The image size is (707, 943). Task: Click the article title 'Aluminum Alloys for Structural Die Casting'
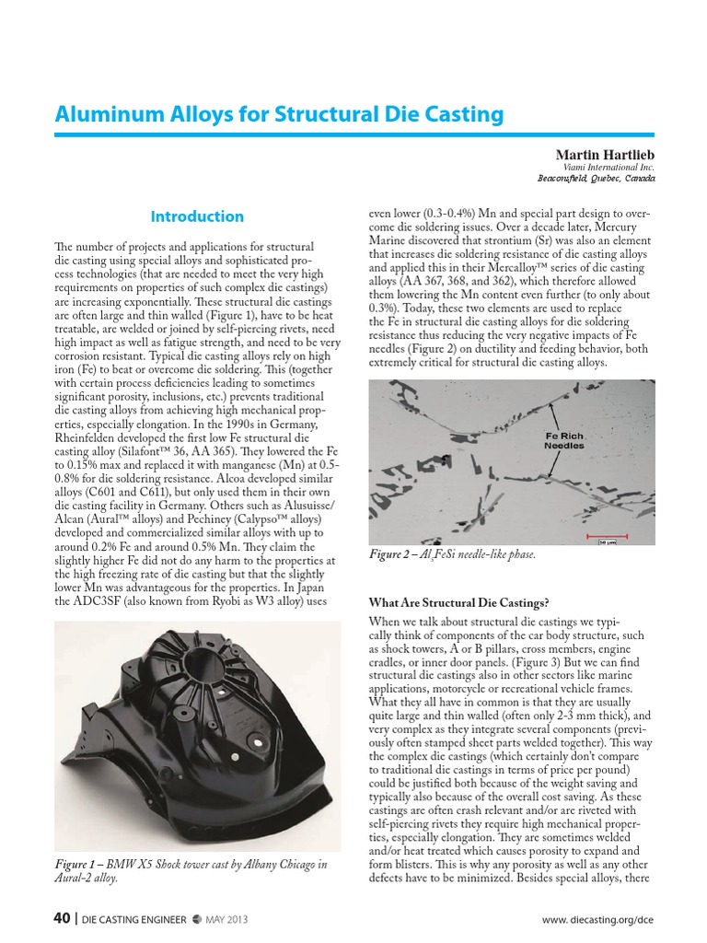pyautogui.click(x=279, y=114)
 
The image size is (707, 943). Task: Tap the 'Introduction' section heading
pyautogui.click(x=197, y=216)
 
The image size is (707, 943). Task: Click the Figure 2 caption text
pyautogui.click(x=451, y=554)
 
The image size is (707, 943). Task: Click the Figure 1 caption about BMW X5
pyautogui.click(x=179, y=871)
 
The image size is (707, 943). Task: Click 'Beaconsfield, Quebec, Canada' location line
pyautogui.click(x=595, y=179)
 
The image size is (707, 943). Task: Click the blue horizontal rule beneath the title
pyautogui.click(x=353, y=134)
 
